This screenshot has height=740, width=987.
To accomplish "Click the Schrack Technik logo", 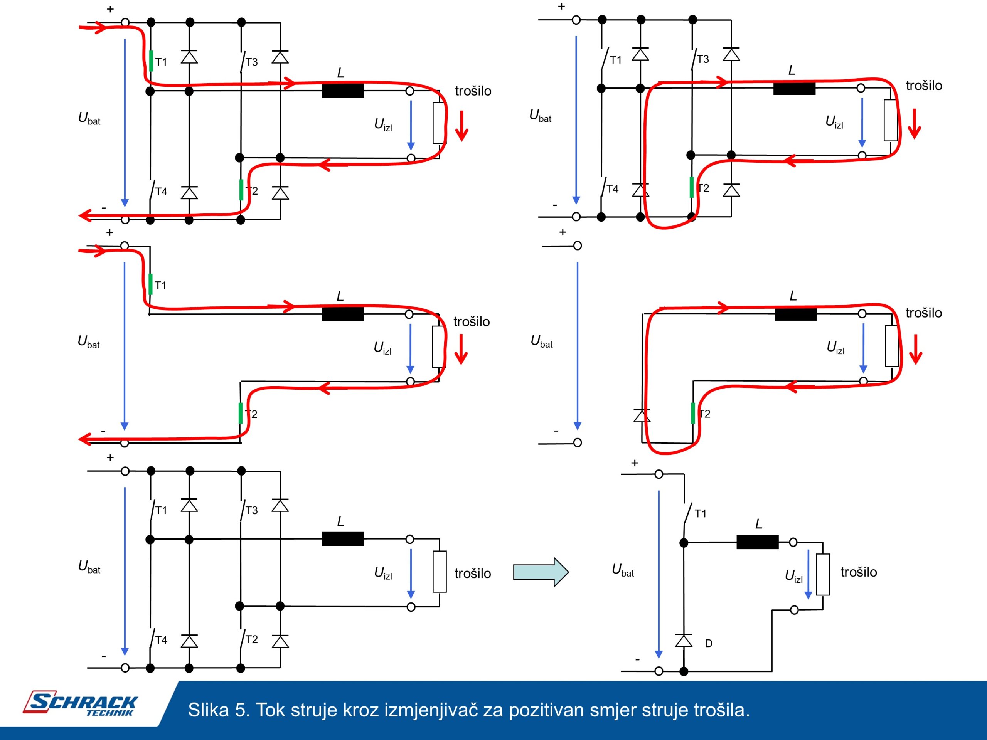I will point(80,704).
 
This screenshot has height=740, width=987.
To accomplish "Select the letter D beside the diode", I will point(709,643).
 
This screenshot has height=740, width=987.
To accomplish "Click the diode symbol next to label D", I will point(684,641).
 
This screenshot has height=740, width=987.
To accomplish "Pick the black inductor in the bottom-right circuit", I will point(757,542).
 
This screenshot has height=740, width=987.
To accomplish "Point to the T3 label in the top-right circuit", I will point(703,59).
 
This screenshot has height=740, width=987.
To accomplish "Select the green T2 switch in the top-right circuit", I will point(692,187).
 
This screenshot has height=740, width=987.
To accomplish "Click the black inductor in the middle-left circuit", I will point(343,314).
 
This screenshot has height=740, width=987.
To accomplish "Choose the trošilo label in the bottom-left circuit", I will point(473,573).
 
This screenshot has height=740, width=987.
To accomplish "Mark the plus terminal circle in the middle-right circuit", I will point(578,246).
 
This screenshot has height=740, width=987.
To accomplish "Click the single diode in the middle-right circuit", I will point(642,416).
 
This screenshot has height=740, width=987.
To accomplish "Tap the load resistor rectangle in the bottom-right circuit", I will point(823,575).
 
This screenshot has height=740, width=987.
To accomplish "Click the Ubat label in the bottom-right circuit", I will point(623,570).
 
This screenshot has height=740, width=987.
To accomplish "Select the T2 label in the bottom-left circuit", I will point(252,639).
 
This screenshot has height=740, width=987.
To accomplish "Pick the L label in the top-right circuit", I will point(792,70).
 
